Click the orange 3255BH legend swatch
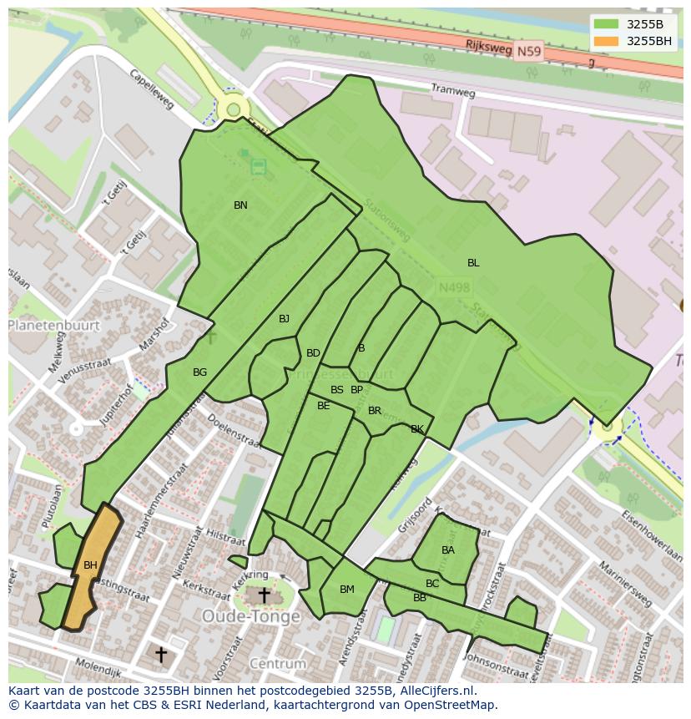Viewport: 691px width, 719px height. (x=607, y=41)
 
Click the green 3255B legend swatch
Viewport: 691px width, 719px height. (x=607, y=24)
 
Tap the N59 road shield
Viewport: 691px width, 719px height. (x=527, y=52)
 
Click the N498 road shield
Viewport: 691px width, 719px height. (x=454, y=287)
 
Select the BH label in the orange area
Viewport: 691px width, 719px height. (x=90, y=565)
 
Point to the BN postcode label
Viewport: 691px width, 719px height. (x=240, y=205)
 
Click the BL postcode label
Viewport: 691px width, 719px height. (x=473, y=263)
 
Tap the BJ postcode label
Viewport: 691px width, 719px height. (x=284, y=319)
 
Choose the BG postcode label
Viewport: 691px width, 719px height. (x=199, y=372)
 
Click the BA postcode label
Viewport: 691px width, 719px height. (x=448, y=550)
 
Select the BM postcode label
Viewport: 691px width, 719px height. (x=347, y=590)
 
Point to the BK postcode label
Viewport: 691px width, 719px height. (x=417, y=429)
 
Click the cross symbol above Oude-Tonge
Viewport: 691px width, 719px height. (x=264, y=595)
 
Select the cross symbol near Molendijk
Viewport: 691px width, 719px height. (x=160, y=654)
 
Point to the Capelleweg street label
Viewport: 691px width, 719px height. (x=151, y=89)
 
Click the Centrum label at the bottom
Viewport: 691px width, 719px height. (x=278, y=664)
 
